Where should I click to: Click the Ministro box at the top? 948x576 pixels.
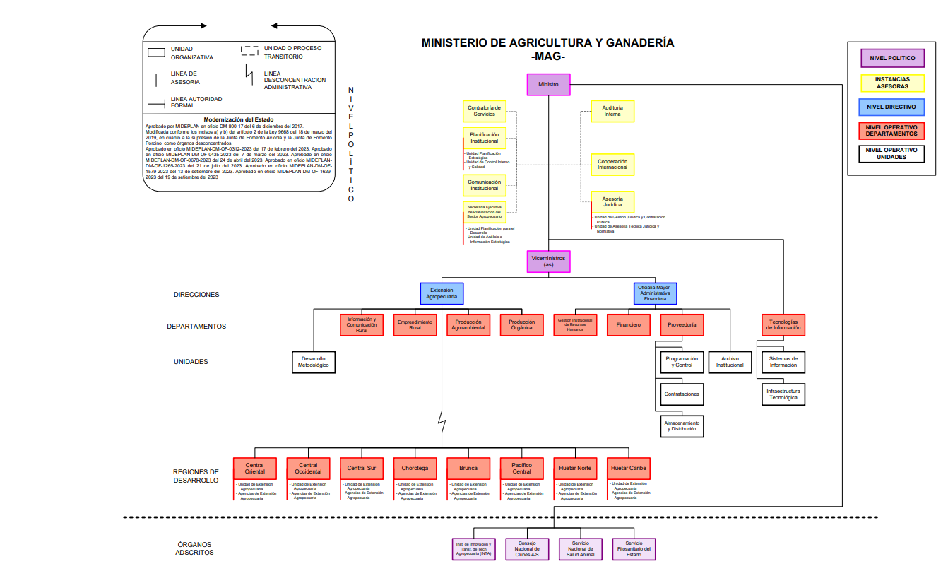click(548, 84)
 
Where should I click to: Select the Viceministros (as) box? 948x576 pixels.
click(548, 261)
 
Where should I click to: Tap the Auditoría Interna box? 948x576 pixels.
click(612, 111)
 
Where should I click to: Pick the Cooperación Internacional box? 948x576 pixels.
click(612, 165)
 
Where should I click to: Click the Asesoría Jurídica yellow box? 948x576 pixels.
click(612, 201)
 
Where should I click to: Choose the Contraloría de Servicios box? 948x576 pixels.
click(485, 111)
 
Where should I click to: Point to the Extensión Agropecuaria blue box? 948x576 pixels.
click(442, 293)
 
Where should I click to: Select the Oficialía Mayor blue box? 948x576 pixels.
click(656, 293)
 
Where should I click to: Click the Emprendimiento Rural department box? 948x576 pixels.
click(415, 324)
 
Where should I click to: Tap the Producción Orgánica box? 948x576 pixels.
click(522, 324)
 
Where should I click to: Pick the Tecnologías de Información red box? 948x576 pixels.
click(783, 324)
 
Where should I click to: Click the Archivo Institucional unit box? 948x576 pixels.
click(730, 362)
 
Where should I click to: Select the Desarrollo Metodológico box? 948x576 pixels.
click(314, 362)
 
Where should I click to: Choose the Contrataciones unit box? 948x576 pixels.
click(682, 394)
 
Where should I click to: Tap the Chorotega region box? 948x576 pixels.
click(415, 469)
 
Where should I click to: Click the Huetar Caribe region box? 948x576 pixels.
click(629, 469)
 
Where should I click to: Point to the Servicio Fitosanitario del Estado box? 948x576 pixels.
click(634, 549)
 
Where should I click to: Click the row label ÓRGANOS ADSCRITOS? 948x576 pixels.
click(195, 548)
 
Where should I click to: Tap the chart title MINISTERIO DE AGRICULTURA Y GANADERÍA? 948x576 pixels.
click(547, 42)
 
